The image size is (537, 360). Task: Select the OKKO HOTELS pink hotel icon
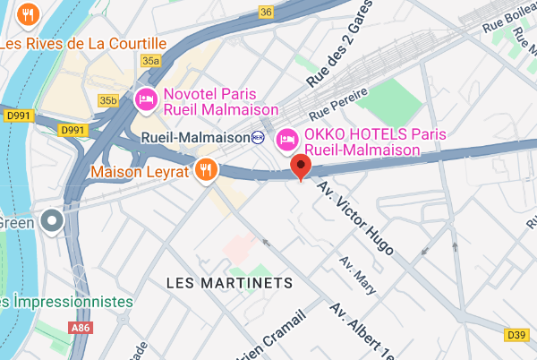288,140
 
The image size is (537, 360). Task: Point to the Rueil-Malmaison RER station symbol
259,137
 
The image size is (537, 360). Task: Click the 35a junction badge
150,60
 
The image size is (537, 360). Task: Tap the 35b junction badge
109,100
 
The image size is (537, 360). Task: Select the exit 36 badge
266,12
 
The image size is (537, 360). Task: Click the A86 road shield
81,329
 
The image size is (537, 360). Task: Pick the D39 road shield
516,335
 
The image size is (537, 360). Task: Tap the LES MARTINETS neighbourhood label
230,283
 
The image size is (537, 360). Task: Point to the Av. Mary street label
355,275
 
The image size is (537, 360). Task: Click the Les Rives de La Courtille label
84,43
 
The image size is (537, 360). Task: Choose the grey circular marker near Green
53,219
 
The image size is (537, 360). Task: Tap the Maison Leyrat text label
141,169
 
